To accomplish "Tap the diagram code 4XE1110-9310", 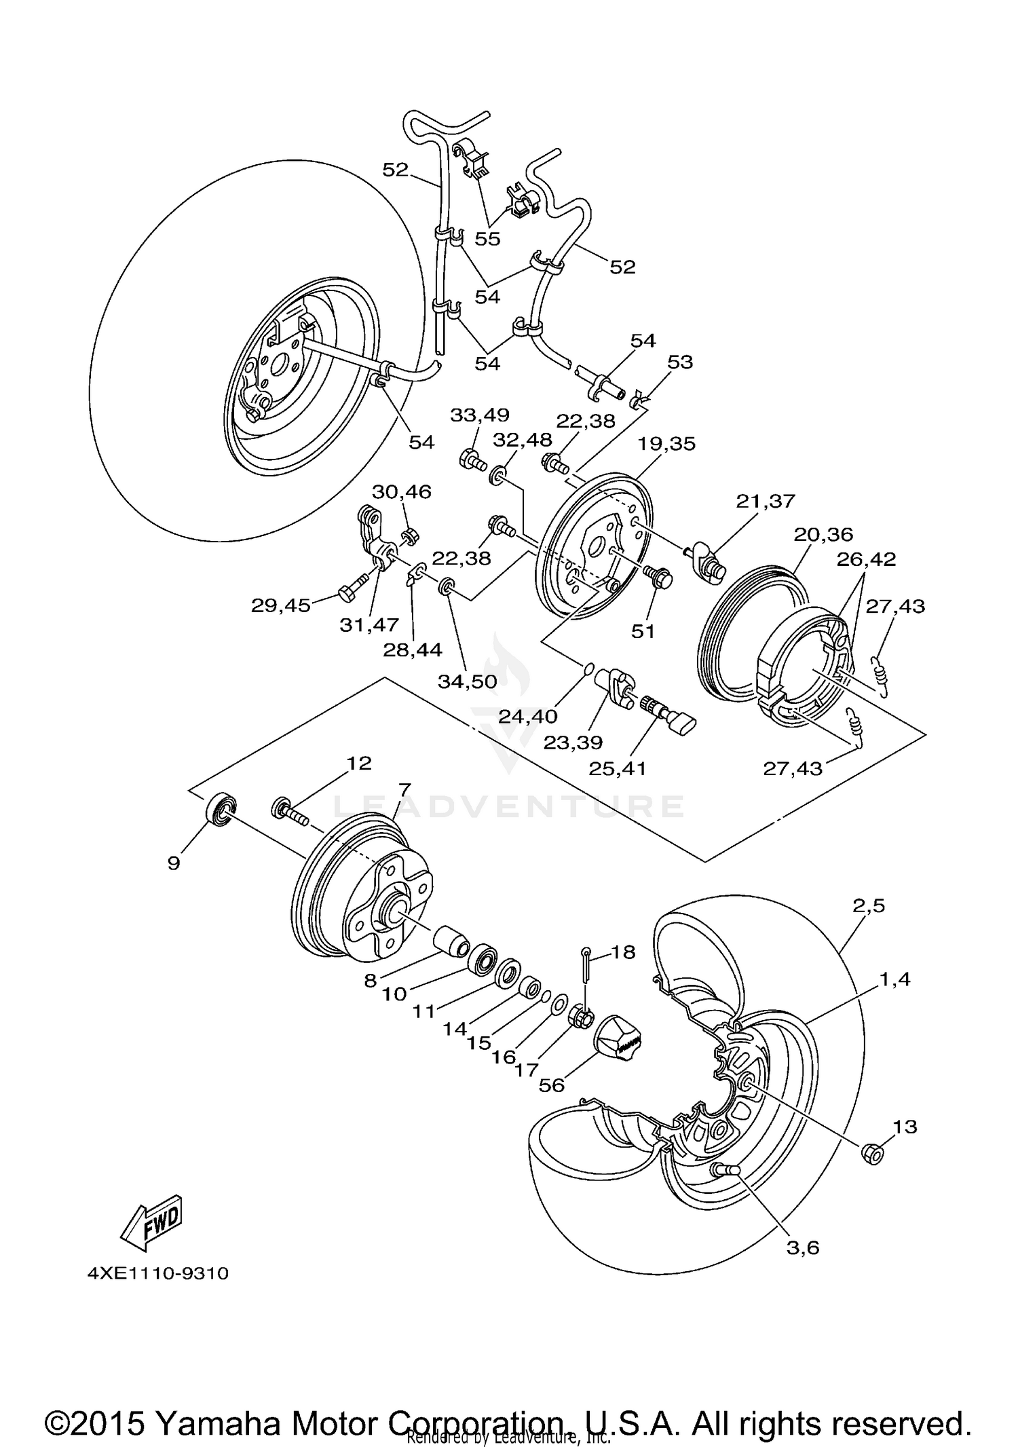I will tap(158, 1273).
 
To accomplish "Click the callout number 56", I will tap(552, 1085).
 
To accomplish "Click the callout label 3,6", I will tap(803, 1247).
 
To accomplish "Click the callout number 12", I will tap(359, 763).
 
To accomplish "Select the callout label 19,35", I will tap(666, 443).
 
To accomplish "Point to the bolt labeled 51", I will tap(659, 578).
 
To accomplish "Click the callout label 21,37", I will tap(765, 500).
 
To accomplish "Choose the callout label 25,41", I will tap(618, 768).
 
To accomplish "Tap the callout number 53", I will tap(680, 362).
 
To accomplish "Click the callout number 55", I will tap(487, 238).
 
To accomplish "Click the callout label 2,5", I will tap(869, 905).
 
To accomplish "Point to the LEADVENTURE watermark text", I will tap(509, 806).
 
